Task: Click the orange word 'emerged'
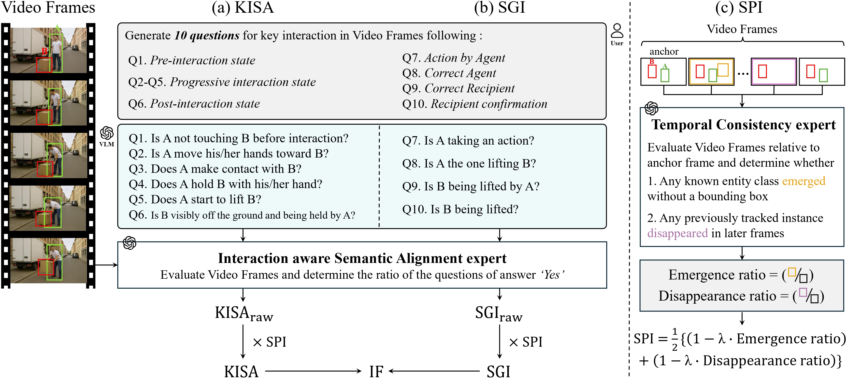(803, 181)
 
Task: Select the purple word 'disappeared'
(677, 233)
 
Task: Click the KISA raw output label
(244, 314)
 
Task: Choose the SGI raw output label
(498, 314)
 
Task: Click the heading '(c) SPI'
(739, 7)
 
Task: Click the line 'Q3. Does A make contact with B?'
(215, 169)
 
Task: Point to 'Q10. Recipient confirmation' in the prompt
(475, 104)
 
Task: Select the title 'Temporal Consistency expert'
(743, 125)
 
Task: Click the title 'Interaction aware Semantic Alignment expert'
(362, 258)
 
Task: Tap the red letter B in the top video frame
(44, 51)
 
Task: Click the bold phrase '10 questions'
(207, 35)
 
